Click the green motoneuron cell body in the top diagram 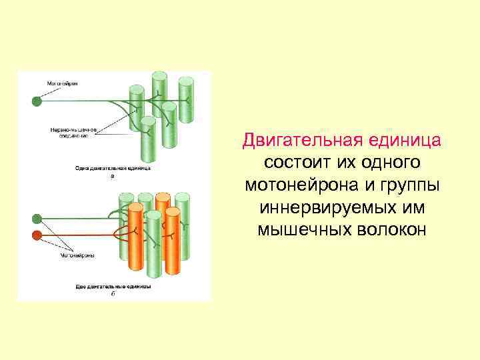pyautogui.click(x=37, y=101)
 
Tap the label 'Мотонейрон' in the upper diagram pyautogui.click(x=62, y=83)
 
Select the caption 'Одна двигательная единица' pyautogui.click(x=113, y=169)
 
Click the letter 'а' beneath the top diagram pyautogui.click(x=112, y=176)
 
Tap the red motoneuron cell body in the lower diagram pyautogui.click(x=37, y=235)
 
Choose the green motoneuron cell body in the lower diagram pyautogui.click(x=37, y=219)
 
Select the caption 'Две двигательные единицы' pyautogui.click(x=112, y=286)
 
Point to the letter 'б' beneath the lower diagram pyautogui.click(x=112, y=293)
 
